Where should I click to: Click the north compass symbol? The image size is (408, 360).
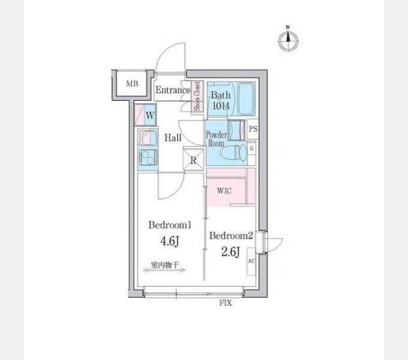pos(289,39)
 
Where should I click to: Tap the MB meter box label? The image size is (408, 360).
pos(132,84)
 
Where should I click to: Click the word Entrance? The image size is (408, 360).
pos(173,90)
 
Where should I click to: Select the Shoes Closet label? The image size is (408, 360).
pos(197,96)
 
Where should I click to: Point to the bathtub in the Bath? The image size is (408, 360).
pos(246,99)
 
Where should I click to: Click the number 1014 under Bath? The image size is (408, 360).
pos(221,106)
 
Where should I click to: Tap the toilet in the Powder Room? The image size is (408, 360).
pos(233,153)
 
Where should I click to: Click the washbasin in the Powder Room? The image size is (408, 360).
pos(236,130)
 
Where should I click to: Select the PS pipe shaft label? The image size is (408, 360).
pos(253,129)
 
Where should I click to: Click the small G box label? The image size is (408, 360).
pos(251,149)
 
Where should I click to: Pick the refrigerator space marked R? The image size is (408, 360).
pos(193,159)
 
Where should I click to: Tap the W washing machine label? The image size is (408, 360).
pos(150,115)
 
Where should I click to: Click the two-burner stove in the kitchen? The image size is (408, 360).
pos(148,157)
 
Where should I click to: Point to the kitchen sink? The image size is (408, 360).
pos(148,137)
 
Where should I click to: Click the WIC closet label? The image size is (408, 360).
pos(224,191)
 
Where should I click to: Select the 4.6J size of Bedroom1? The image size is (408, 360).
pos(170,241)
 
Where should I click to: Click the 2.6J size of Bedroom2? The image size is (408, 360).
pos(230,251)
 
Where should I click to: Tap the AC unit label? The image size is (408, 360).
pos(251,261)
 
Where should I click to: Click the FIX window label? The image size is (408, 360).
pos(226,303)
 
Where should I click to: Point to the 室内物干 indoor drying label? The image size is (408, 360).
pos(165,265)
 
